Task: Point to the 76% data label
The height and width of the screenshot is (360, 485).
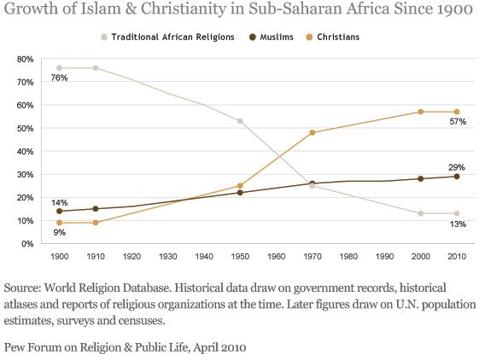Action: coord(59,78)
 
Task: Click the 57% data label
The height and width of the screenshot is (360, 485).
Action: coord(458,122)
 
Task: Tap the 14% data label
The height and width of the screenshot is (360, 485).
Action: coord(59,202)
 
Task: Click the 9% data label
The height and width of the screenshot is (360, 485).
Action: coord(59,231)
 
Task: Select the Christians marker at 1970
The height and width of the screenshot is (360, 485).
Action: coord(313,132)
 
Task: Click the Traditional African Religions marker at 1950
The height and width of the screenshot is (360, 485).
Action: coord(240,121)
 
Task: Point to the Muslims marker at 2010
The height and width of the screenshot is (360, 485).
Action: coord(457,177)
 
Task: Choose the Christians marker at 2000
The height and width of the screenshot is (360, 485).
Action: coord(421,112)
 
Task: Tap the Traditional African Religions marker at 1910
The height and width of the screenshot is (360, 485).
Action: coord(95,67)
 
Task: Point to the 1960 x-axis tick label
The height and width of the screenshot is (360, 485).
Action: coord(276,256)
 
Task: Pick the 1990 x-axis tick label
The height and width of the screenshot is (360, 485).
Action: coord(384,256)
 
